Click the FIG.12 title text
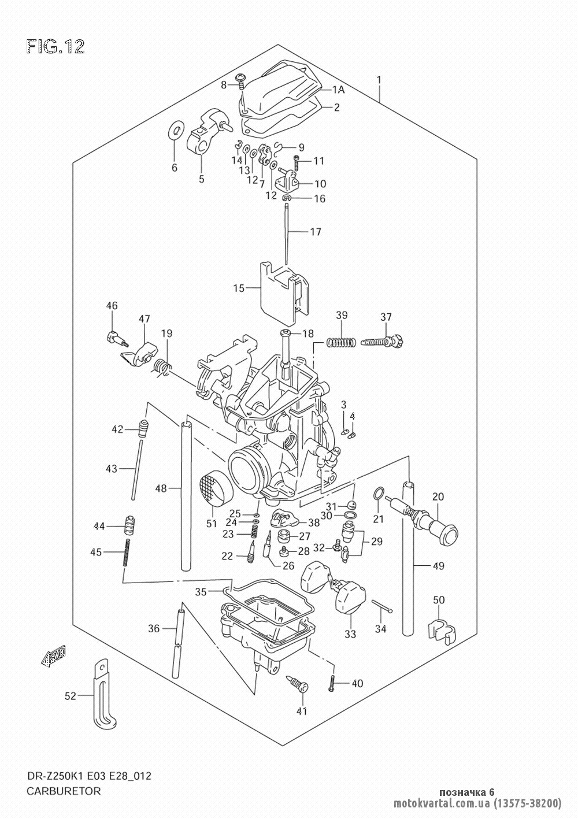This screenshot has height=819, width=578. (55, 47)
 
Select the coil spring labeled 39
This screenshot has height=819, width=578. (341, 342)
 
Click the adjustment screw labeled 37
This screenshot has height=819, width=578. (383, 342)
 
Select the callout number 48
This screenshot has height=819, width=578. (161, 488)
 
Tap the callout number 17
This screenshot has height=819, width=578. (316, 231)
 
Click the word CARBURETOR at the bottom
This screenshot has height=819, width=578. (64, 791)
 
